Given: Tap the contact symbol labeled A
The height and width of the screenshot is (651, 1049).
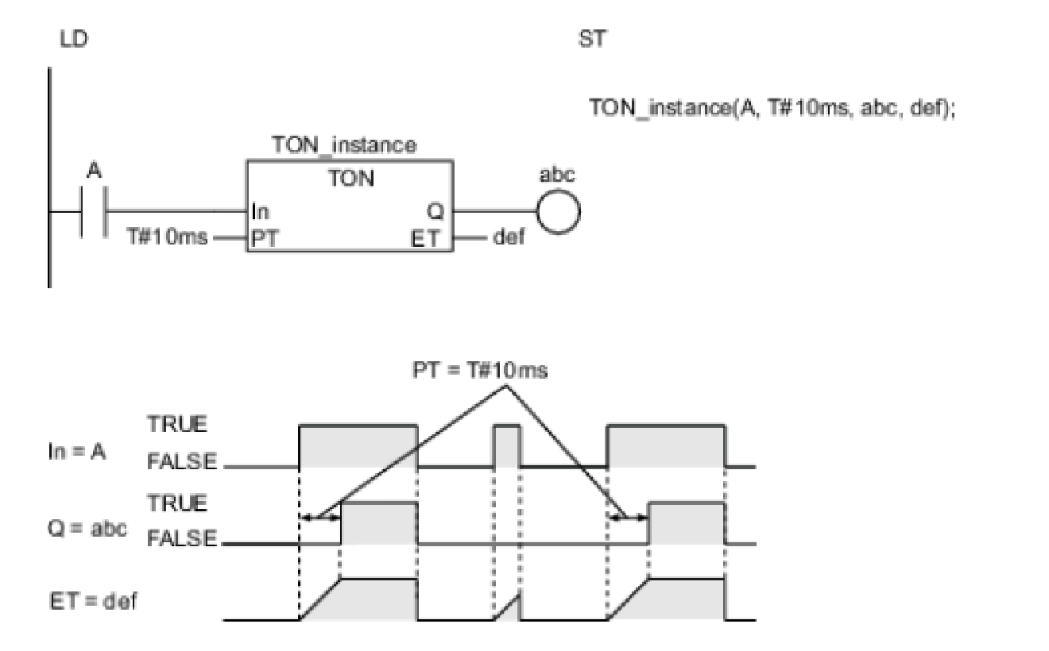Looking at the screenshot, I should (x=95, y=212).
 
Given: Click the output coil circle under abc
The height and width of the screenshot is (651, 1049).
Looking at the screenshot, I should (x=559, y=212).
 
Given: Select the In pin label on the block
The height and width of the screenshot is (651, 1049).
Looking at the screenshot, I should (x=260, y=212).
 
